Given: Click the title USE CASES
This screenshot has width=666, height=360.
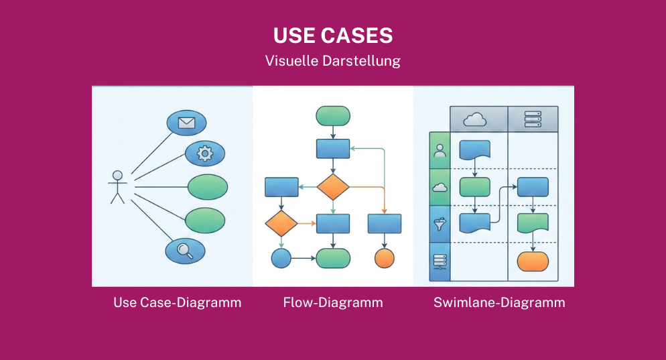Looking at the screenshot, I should point(332,36).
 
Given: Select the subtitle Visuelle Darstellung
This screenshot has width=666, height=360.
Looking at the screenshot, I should point(332,60).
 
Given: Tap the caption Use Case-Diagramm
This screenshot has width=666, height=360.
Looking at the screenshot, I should point(177,302).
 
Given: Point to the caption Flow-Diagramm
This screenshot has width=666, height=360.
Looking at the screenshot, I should point(333,302).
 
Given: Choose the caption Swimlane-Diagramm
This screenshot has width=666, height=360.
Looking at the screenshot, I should point(499,302).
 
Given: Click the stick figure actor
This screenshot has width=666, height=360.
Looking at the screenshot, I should point(118,187).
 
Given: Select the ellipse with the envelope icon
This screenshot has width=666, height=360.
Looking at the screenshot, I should point(186,123).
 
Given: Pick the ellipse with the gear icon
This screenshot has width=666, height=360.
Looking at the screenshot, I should point(204,154).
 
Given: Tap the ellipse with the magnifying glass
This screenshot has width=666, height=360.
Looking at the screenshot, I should point(185,251).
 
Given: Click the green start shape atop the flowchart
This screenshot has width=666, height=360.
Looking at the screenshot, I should point(333,115).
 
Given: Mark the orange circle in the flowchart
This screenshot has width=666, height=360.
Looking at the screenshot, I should point(385,257).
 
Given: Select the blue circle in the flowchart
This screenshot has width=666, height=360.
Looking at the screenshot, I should point(281,257).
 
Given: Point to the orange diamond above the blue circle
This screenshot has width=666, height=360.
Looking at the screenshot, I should point(281,223).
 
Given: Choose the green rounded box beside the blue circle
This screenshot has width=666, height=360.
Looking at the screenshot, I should point(333,257).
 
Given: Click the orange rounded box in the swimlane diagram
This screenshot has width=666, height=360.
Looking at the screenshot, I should point(533,261).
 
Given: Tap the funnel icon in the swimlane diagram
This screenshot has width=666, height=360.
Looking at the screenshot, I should point(440,223).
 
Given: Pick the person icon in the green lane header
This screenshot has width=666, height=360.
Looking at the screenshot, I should point(440,151).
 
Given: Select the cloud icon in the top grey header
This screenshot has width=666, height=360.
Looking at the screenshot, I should point(474,119).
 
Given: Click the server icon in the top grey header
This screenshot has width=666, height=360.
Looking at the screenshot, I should point(533,119).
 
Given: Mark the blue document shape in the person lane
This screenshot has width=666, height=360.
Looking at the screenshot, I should point(474,150).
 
